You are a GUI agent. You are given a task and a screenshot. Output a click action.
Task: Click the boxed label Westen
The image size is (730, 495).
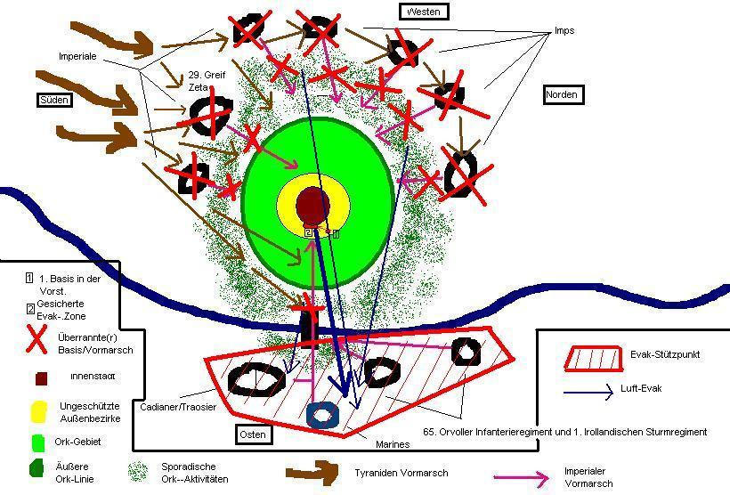pos(424,12)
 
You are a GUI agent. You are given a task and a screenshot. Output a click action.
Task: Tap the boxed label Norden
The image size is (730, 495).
pos(563,94)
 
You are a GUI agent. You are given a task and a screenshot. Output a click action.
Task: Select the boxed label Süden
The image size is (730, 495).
pos(53,100)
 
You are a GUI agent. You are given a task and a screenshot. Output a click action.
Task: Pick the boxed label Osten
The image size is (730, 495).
pos(254,434)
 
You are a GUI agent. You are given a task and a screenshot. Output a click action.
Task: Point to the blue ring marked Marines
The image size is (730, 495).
pos(322,414)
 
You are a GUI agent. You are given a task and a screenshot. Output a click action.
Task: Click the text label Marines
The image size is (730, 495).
pos(391,444)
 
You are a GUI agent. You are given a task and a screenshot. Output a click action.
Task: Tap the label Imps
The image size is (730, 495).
pos(564,30)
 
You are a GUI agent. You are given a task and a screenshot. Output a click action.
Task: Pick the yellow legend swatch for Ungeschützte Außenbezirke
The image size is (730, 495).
pos(38,411)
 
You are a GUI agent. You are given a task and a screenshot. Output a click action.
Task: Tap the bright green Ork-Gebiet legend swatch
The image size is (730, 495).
pos(38,442)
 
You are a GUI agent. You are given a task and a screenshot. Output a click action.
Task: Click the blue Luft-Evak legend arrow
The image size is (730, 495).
pos(590,390)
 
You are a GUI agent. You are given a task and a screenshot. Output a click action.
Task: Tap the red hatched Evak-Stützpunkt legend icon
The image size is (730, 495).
pos(593,357)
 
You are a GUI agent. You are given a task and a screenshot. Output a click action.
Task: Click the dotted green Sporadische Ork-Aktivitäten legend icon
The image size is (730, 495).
pos(138,471)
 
